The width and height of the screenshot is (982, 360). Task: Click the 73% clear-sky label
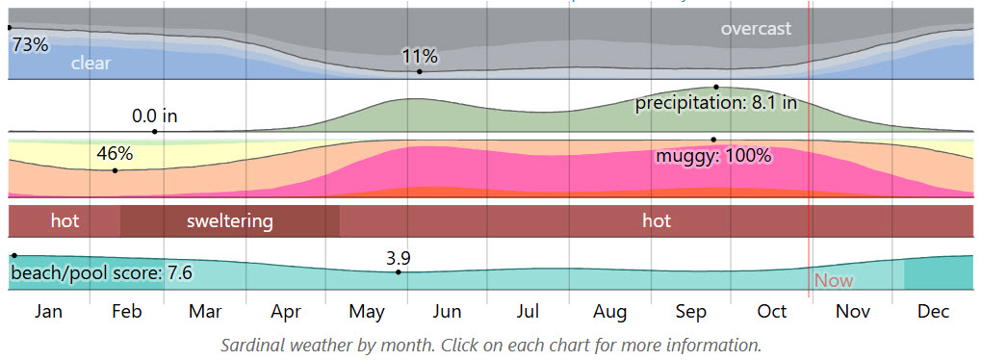(30, 44)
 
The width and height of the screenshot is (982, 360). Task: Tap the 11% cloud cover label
(420, 57)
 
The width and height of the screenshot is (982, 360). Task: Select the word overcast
(756, 29)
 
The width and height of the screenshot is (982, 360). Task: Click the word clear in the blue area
(90, 64)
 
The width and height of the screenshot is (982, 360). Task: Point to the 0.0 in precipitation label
(155, 116)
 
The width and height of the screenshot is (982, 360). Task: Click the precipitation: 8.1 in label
(715, 103)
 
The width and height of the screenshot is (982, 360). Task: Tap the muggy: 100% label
(713, 156)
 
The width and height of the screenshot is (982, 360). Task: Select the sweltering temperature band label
(230, 221)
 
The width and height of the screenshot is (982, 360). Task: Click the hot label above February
(65, 221)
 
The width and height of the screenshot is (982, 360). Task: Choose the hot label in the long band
(657, 221)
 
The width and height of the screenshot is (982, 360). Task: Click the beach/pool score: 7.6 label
(101, 273)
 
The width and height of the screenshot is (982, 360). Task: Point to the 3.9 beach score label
(399, 258)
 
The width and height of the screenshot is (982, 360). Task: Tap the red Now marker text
(834, 281)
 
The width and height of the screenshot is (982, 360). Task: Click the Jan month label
(48, 312)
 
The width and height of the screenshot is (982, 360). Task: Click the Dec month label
(932, 312)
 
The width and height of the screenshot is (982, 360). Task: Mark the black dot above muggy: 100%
(713, 139)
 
